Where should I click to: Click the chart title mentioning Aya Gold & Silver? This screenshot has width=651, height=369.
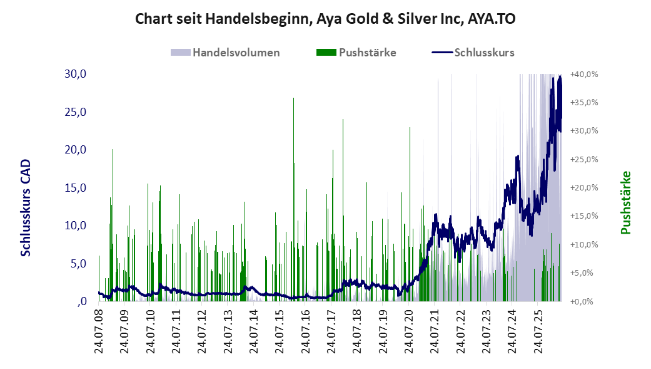[x=325, y=19]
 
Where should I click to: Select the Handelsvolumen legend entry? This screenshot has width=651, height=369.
[x=225, y=53]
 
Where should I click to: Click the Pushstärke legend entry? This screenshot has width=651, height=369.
[x=356, y=53]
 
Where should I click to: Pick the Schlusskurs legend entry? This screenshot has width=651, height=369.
[x=473, y=53]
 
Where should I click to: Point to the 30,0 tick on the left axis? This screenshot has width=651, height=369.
[x=75, y=74]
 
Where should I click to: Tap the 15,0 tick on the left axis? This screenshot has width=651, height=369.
[x=75, y=188]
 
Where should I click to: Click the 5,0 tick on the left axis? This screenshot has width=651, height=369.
[x=78, y=264]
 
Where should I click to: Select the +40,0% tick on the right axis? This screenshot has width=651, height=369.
[x=584, y=75]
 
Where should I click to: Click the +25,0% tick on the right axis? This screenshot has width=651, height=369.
[x=584, y=160]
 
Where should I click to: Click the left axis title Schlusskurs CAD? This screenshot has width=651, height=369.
[x=26, y=208]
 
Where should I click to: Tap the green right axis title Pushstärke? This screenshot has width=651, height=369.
[x=626, y=202]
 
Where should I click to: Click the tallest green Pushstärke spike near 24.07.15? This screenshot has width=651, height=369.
[x=293, y=200]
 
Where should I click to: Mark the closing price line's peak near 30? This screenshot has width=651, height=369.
[x=560, y=76]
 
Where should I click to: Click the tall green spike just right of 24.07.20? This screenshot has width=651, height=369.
[x=410, y=214]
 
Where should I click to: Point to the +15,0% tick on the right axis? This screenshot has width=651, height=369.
[x=584, y=216]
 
